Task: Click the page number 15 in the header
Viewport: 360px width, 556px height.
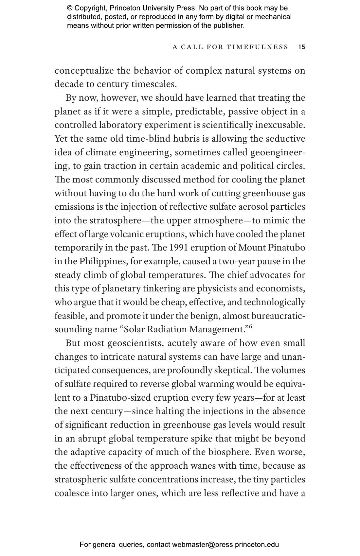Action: tap(302, 47)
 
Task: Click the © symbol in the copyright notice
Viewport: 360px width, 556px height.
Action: tap(69, 8)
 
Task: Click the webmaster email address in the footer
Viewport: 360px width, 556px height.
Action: tap(225, 545)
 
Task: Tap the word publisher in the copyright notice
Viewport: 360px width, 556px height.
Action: tap(228, 25)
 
